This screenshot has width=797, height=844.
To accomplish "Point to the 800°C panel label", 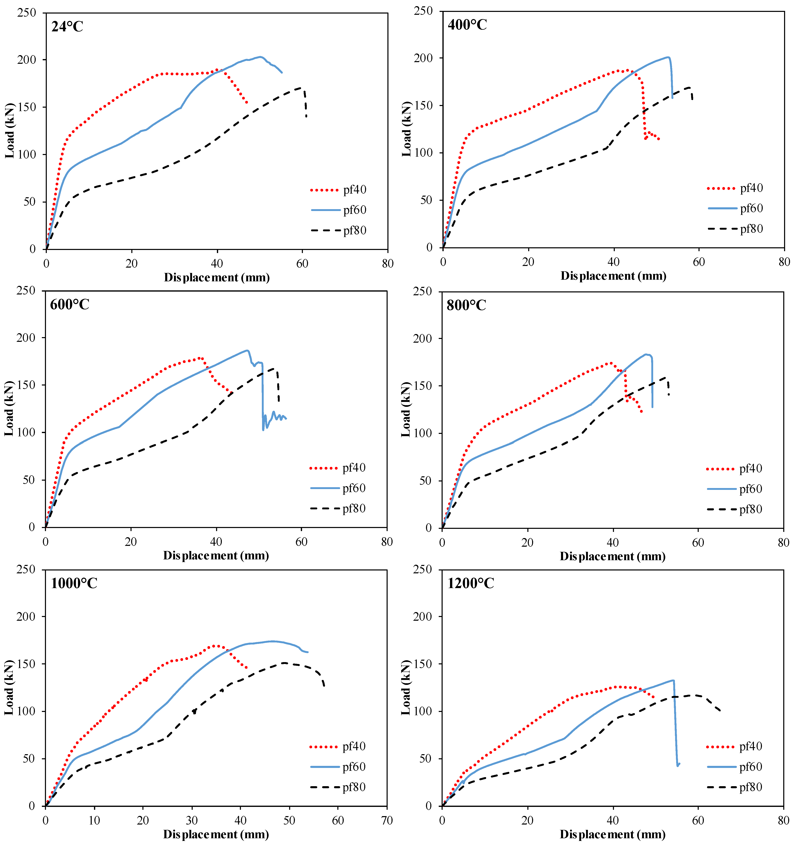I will [x=466, y=305].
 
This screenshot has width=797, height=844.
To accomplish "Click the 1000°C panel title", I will [x=74, y=583].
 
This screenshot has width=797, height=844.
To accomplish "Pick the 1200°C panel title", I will [x=471, y=583].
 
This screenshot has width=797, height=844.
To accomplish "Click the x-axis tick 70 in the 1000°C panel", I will [x=387, y=820].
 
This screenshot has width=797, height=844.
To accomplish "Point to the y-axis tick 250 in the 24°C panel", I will [x=26, y=13].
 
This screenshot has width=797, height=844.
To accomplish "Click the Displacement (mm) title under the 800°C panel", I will [x=612, y=556].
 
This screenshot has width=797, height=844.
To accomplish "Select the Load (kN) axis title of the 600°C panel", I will [x=9, y=408].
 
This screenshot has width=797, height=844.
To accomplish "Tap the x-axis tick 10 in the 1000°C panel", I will [x=94, y=820].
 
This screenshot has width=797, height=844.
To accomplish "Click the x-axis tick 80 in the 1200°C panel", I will [x=783, y=820].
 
